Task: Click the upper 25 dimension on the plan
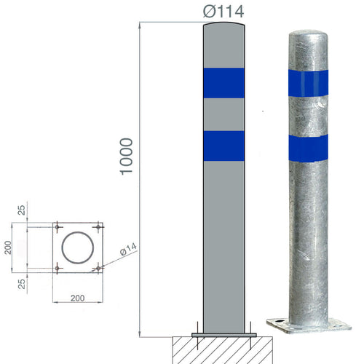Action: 21,212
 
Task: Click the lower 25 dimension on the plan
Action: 21,282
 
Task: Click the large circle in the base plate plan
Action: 76,248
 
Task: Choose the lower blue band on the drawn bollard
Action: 223,145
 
